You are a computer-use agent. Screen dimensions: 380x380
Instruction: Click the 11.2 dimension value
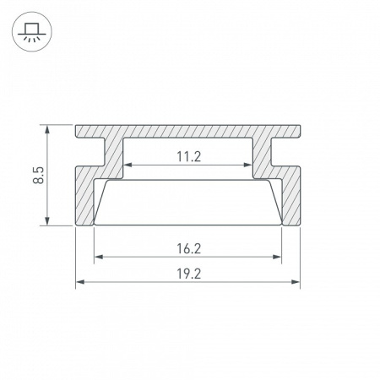click(x=188, y=156)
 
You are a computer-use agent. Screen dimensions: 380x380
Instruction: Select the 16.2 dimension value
click(x=188, y=249)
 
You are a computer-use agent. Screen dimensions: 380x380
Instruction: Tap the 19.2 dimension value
click(x=188, y=274)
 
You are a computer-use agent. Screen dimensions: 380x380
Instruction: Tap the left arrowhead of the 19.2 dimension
click(x=79, y=282)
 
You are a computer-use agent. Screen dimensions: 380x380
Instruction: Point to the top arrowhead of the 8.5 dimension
click(x=50, y=129)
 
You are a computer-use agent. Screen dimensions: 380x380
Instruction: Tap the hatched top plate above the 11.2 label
click(x=188, y=133)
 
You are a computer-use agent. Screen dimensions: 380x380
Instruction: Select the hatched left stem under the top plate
click(x=113, y=156)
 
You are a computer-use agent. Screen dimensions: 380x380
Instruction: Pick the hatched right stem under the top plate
click(x=264, y=156)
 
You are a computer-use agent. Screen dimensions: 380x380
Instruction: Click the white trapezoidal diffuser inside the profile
click(x=188, y=203)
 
